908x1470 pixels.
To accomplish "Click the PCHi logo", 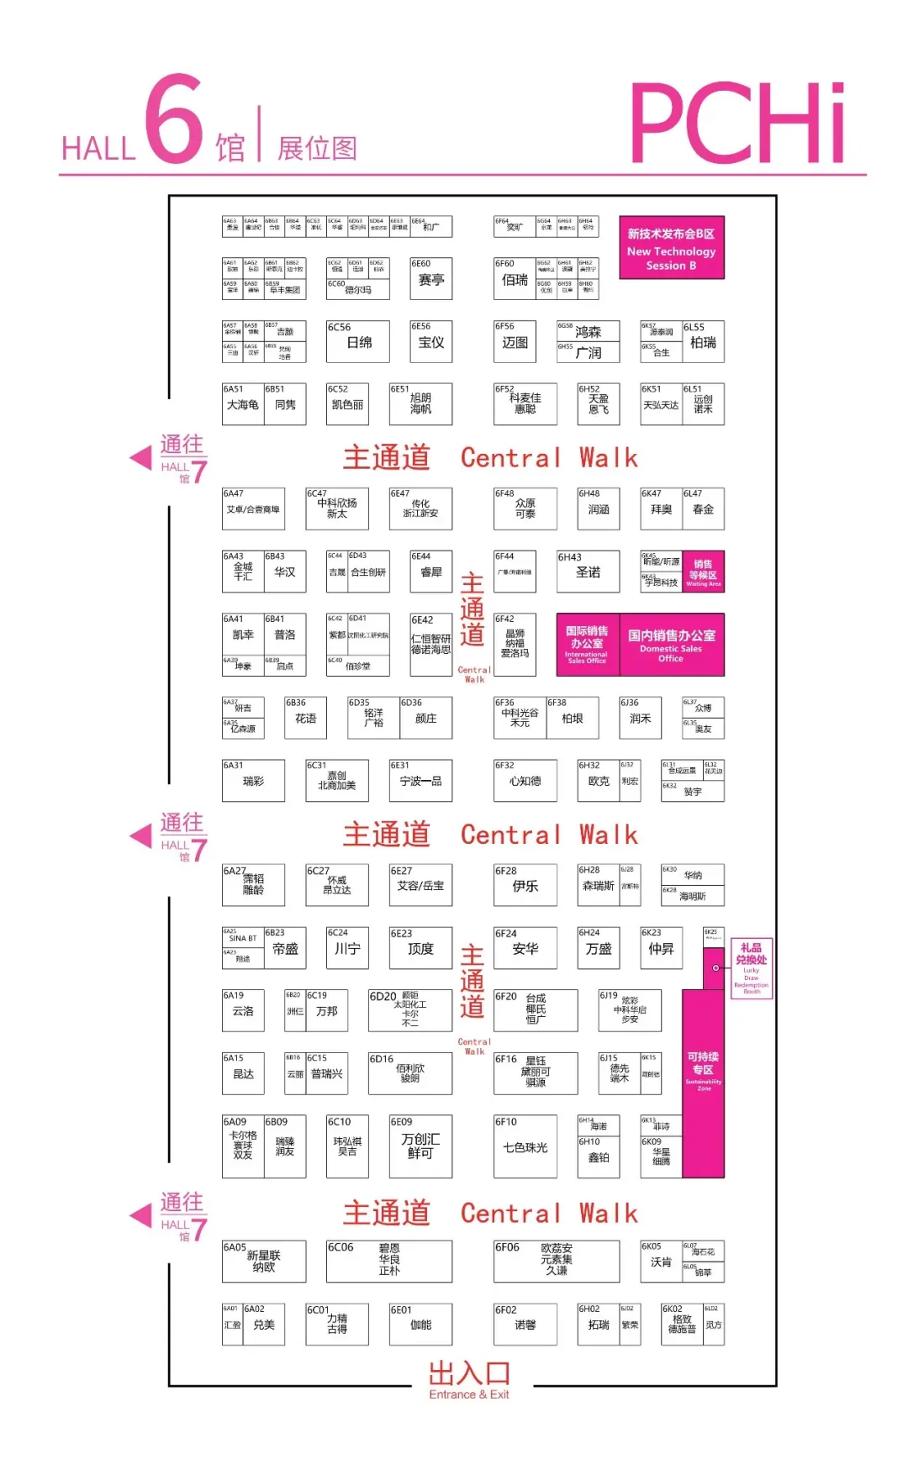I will click(737, 124).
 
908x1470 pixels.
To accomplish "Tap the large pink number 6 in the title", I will click(174, 119).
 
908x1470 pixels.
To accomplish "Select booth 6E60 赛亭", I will click(430, 279).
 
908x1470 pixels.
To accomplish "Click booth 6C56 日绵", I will click(358, 341).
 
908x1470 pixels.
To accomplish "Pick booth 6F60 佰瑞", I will click(515, 279).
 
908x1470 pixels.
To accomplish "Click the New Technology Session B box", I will click(671, 248).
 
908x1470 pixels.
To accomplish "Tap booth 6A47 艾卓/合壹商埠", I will click(253, 508).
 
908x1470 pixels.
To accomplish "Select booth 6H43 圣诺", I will click(588, 572).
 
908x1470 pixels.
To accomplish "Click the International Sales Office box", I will click(587, 644).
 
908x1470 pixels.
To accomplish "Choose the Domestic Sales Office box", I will click(671, 644).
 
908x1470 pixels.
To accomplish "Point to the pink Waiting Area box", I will click(703, 572).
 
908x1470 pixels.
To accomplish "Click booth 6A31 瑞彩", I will click(253, 781).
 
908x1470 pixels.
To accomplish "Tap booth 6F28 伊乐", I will click(525, 885).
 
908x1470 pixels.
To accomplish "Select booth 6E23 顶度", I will click(420, 948).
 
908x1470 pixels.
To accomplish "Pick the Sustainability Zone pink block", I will click(703, 1084).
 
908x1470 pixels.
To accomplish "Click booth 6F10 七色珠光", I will click(525, 1146).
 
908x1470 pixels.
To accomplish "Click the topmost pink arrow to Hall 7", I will click(141, 457).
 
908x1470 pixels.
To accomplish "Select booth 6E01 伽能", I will click(420, 1325).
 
